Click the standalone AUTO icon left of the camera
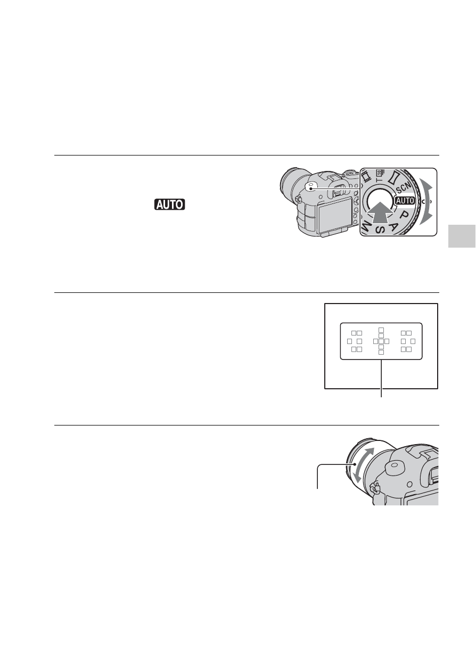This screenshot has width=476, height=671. coord(169,204)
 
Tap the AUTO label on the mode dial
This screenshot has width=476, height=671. coord(405,201)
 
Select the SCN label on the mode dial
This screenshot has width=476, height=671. coord(403,188)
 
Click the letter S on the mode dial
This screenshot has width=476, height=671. coord(380,230)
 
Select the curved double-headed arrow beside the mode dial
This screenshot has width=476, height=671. coord(426,201)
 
